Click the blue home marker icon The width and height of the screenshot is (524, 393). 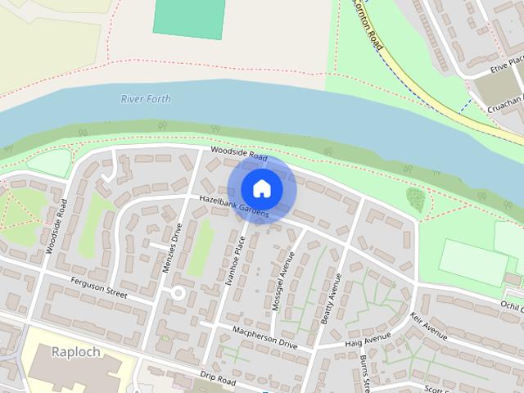click(x=261, y=188)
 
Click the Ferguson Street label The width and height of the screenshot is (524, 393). click(x=100, y=291)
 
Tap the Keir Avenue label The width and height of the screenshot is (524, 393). click(x=430, y=326)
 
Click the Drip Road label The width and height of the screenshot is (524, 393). click(x=217, y=379)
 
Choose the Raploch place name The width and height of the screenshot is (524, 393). click(x=76, y=352)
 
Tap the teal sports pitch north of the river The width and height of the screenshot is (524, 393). click(x=187, y=18)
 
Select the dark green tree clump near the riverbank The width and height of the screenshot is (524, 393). click(x=415, y=198)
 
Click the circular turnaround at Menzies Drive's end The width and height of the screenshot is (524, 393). click(x=177, y=293)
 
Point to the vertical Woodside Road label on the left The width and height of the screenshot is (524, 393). click(x=57, y=225)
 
